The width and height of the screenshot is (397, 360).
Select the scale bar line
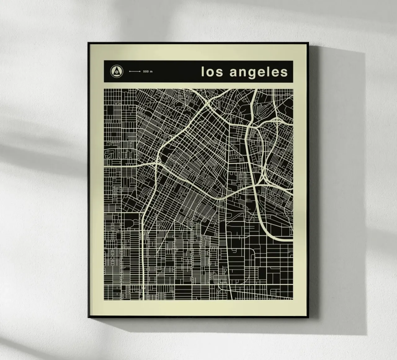[x=135, y=72]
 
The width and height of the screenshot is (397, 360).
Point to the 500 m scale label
[x=148, y=72]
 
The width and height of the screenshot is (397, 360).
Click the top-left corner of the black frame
[x=88, y=43]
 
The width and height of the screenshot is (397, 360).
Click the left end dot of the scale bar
[x=130, y=72]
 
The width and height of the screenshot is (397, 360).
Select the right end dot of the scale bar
[x=140, y=72]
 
